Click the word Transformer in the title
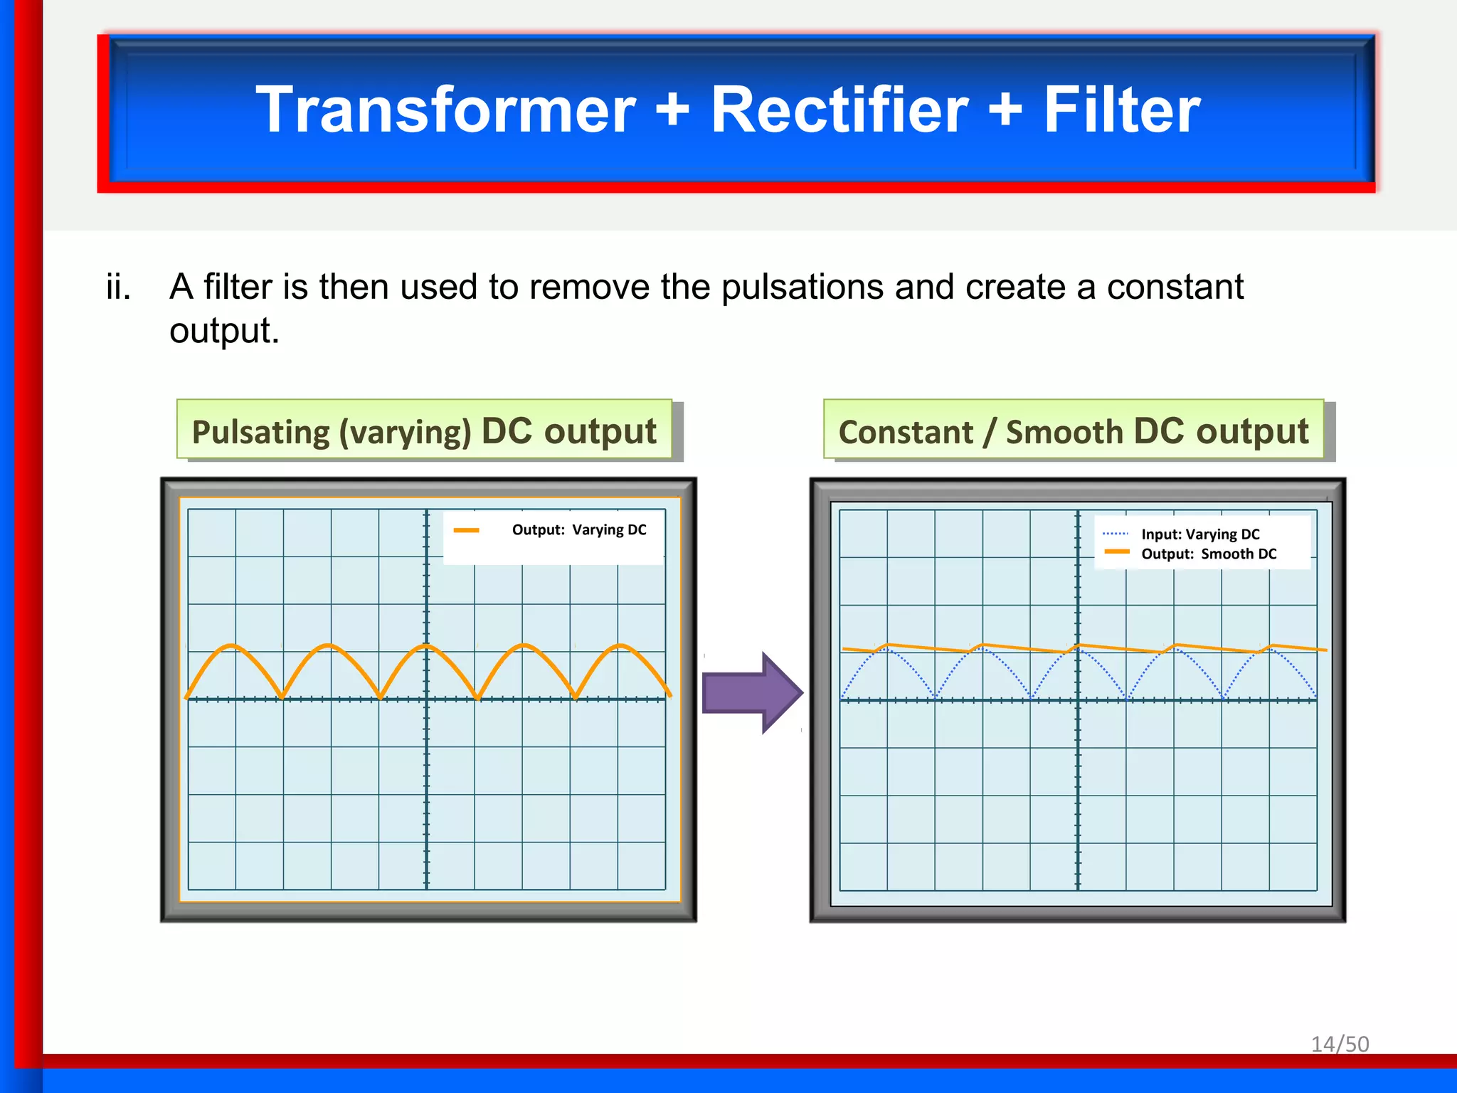click(446, 110)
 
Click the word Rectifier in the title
click(839, 110)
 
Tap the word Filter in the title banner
click(1122, 110)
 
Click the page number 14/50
click(1340, 1044)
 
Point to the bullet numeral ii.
click(118, 287)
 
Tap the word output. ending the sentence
click(224, 332)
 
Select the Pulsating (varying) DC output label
click(424, 431)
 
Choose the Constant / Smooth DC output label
click(1073, 431)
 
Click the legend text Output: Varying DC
click(579, 530)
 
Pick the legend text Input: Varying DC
click(1200, 534)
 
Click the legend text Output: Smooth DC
click(1209, 554)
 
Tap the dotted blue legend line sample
click(1116, 534)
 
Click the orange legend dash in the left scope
click(466, 530)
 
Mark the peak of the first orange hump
click(231, 645)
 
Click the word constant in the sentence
click(1175, 287)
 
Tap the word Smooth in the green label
click(1064, 433)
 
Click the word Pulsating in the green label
click(260, 433)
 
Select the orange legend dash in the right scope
click(1117, 552)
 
